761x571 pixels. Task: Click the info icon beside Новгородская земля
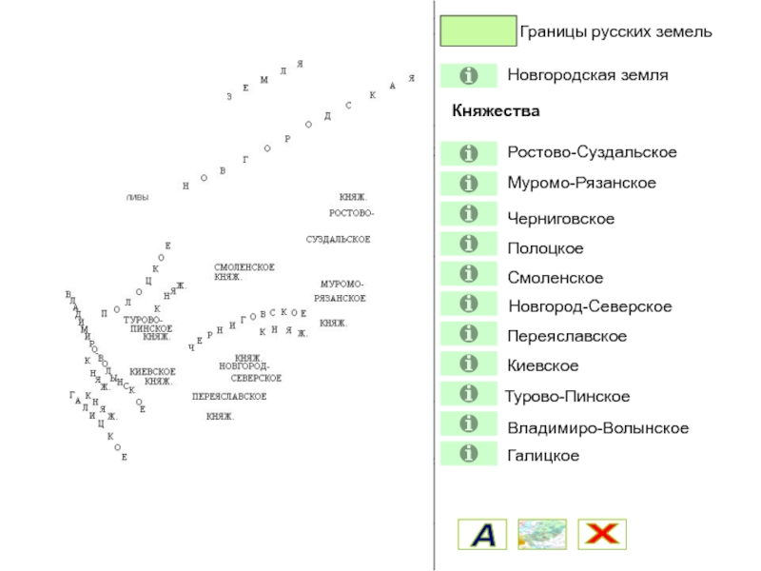(468, 75)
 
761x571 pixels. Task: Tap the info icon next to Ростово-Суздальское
(468, 152)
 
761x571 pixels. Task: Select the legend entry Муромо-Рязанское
(581, 182)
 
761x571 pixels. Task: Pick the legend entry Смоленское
(556, 278)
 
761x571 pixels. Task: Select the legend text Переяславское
(567, 337)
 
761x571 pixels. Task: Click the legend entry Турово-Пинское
(568, 396)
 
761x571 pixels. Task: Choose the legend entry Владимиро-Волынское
(597, 428)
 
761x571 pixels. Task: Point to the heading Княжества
(496, 111)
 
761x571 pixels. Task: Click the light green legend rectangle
(478, 31)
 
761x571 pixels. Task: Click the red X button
(602, 534)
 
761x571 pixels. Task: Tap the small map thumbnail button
(542, 534)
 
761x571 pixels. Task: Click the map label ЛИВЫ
(138, 197)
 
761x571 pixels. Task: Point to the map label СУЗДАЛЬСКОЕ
(338, 239)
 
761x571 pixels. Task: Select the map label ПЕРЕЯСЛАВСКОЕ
(229, 396)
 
